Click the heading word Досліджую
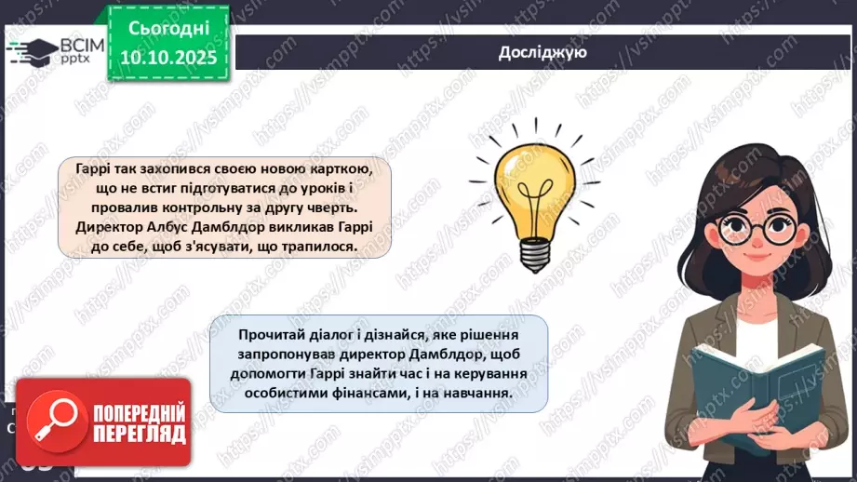coord(542,52)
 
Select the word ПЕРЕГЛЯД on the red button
coord(138,434)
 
